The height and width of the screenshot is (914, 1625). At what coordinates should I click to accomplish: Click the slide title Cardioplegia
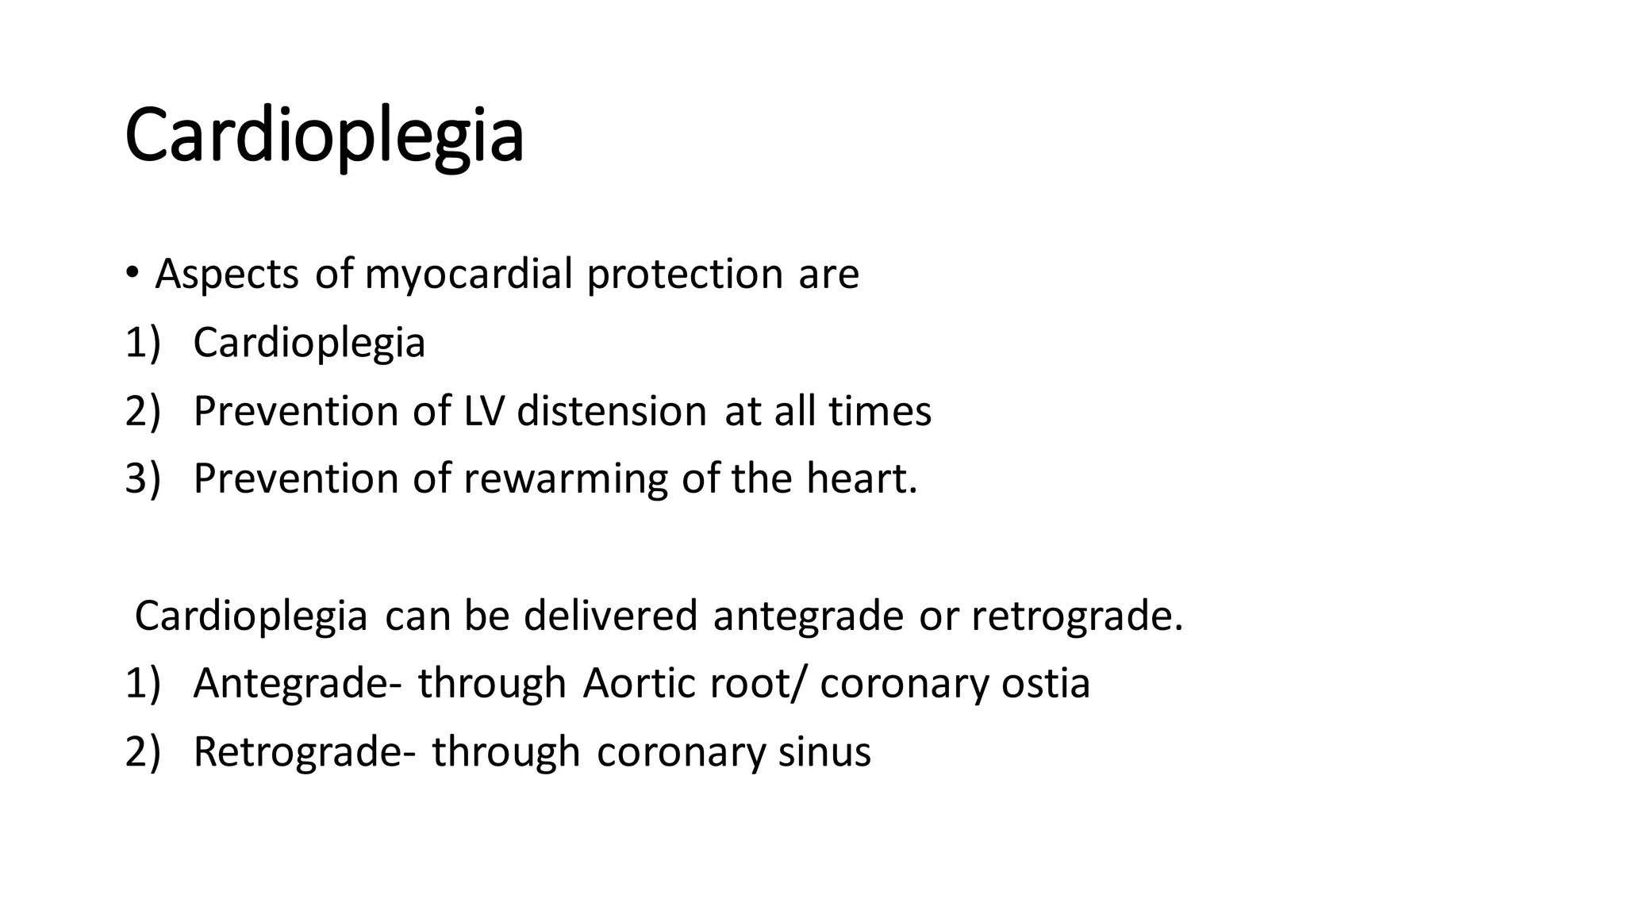[324, 136]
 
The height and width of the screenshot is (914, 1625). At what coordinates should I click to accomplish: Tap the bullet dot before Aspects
[132, 273]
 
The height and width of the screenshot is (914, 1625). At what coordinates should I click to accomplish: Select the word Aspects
[227, 275]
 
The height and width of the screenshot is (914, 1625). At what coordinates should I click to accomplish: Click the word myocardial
[468, 275]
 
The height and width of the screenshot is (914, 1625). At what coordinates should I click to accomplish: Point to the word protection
[685, 275]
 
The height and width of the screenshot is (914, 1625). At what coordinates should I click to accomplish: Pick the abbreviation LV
[484, 411]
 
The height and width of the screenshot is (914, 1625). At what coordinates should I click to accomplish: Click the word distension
[611, 411]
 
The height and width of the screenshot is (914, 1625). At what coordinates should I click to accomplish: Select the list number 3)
[143, 479]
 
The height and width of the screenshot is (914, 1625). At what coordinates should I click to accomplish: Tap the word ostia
[1045, 683]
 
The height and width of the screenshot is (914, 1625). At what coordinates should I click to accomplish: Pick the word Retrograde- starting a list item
[304, 751]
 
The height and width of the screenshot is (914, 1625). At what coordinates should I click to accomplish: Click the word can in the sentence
[417, 616]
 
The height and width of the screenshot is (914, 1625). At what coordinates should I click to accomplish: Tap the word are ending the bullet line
[828, 275]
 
